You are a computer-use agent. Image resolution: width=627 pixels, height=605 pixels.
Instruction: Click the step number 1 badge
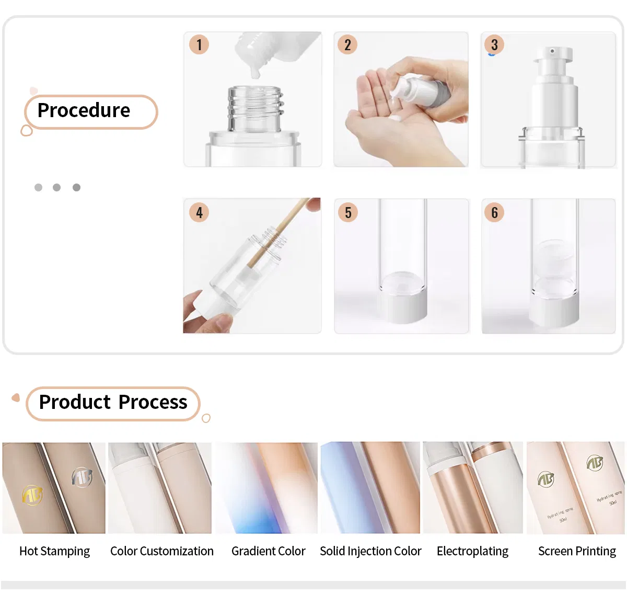pyautogui.click(x=199, y=45)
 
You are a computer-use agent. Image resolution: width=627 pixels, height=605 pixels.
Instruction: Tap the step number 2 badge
pyautogui.click(x=347, y=45)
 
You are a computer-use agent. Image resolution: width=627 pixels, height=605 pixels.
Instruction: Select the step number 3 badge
pyautogui.click(x=494, y=45)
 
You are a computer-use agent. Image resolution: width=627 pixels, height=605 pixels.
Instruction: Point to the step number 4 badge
pyautogui.click(x=199, y=212)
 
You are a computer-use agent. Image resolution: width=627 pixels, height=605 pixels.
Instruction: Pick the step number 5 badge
pyautogui.click(x=348, y=212)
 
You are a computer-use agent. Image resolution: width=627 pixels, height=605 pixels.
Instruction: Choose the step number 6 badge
pyautogui.click(x=494, y=212)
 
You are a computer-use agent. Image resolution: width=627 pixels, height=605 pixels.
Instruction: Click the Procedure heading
pyautogui.click(x=84, y=111)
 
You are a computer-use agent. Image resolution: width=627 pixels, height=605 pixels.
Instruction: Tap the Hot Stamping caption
pyautogui.click(x=54, y=551)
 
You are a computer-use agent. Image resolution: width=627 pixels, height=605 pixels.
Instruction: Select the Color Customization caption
pyautogui.click(x=162, y=551)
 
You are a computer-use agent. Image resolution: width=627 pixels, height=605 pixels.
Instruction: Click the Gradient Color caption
pyautogui.click(x=268, y=551)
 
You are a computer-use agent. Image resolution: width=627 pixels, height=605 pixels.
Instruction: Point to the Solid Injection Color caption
pyautogui.click(x=370, y=551)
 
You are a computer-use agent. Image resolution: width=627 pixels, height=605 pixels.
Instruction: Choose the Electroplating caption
pyautogui.click(x=472, y=551)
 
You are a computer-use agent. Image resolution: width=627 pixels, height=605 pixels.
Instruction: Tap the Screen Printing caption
pyautogui.click(x=577, y=551)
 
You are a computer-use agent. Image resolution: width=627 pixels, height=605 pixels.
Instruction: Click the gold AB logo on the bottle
pyautogui.click(x=32, y=494)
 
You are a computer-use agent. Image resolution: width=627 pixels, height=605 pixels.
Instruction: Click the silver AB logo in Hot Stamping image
pyautogui.click(x=82, y=476)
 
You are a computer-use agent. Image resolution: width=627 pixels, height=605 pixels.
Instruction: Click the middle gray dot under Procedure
pyautogui.click(x=57, y=187)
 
